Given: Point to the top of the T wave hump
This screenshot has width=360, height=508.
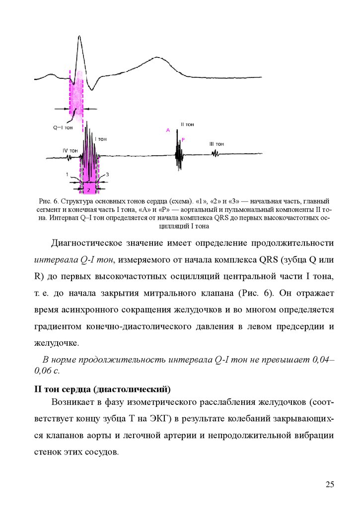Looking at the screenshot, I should [158, 58].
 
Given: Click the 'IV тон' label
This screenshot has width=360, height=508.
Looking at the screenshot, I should [70, 150].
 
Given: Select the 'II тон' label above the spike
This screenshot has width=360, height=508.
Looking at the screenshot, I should [187, 125].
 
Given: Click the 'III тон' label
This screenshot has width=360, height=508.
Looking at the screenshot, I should [217, 144].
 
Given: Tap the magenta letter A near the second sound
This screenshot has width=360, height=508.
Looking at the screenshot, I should [168, 130].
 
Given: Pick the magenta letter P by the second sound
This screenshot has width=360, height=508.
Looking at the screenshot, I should [183, 140].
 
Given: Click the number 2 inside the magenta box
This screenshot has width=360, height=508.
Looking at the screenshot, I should [88, 190].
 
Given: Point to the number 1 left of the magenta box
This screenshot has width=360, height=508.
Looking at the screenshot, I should [67, 175].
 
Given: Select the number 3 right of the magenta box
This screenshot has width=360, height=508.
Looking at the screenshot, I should [107, 175].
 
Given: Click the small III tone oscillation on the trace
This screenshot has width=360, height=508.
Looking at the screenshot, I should [216, 154].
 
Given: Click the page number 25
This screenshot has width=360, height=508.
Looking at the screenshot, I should [331, 485].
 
